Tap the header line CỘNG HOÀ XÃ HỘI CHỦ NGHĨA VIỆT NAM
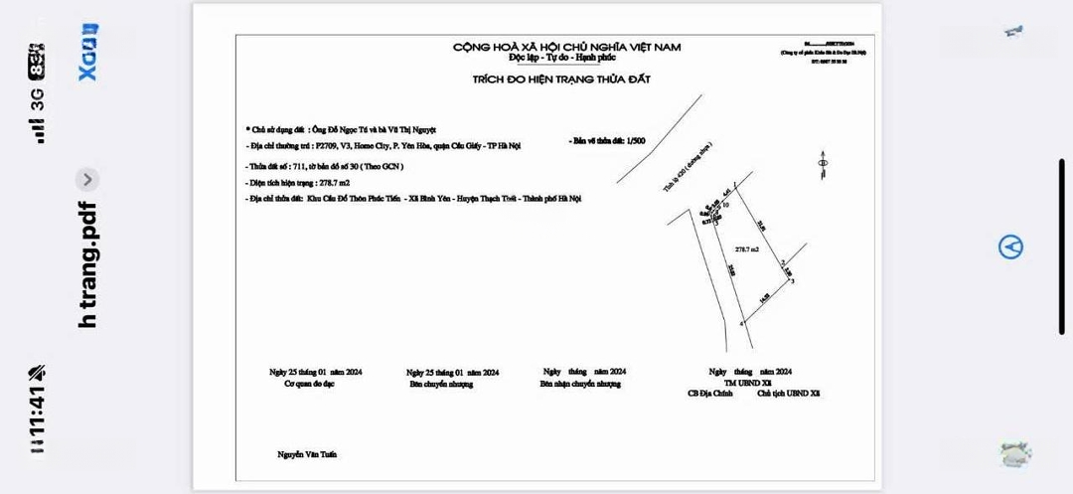(x=567, y=47)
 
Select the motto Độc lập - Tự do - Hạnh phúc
(x=567, y=58)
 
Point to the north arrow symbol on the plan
(x=822, y=162)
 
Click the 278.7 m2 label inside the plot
(x=747, y=248)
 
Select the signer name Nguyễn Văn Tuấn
(x=307, y=454)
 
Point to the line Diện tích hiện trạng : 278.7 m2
(x=294, y=184)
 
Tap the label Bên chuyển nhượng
(x=441, y=384)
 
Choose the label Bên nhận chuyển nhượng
(x=580, y=384)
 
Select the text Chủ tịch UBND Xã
(x=789, y=393)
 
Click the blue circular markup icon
(x=1010, y=247)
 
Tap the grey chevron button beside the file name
(x=87, y=180)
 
